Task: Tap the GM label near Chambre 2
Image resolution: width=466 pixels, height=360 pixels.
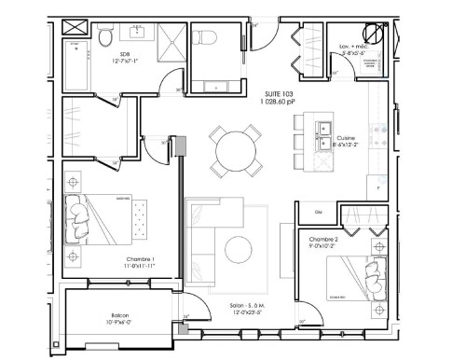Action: [318, 211]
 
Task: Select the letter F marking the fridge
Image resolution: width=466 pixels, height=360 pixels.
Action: [378, 187]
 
